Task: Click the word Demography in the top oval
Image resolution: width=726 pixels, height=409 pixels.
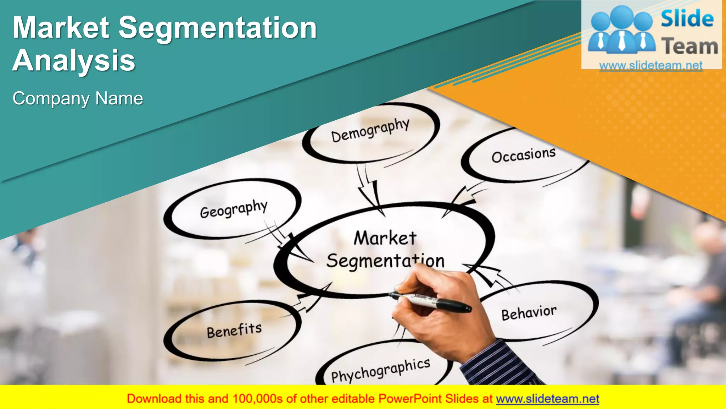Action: [x=370, y=130]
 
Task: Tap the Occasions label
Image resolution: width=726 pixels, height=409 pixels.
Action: [x=523, y=155]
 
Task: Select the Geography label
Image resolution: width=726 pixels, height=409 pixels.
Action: [x=234, y=209]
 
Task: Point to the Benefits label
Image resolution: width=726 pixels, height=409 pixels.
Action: [x=234, y=331]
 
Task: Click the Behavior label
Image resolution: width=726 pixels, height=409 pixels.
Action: [x=529, y=313]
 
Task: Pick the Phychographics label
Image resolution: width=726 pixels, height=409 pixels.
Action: [x=380, y=371]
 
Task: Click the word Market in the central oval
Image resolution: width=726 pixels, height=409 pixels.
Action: [x=385, y=238]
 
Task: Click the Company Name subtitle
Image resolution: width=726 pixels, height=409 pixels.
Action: [x=78, y=98]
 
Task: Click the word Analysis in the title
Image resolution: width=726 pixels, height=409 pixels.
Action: [x=74, y=60]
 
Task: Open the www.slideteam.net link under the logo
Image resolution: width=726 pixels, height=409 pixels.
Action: [x=651, y=65]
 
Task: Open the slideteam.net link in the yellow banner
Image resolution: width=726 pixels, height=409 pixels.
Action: [x=547, y=399]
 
